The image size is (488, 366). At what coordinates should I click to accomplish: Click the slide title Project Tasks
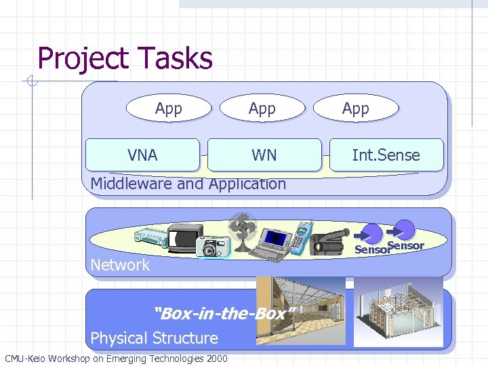tap(125, 58)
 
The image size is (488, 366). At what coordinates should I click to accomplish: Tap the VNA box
tap(142, 155)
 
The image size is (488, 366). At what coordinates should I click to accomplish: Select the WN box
tap(264, 155)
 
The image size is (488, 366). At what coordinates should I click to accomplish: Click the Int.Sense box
tap(386, 155)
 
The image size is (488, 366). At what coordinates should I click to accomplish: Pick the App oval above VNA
tap(168, 108)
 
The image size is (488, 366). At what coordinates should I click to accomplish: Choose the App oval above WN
tap(262, 108)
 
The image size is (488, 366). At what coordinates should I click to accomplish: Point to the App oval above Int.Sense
tap(355, 108)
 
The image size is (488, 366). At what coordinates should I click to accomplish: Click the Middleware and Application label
tap(188, 184)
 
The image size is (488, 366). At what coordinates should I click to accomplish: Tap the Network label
tap(120, 265)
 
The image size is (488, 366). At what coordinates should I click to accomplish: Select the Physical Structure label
tap(154, 338)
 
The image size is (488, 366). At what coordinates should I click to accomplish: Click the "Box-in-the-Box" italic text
tap(224, 314)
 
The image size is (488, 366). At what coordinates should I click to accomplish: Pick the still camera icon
tap(213, 247)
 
